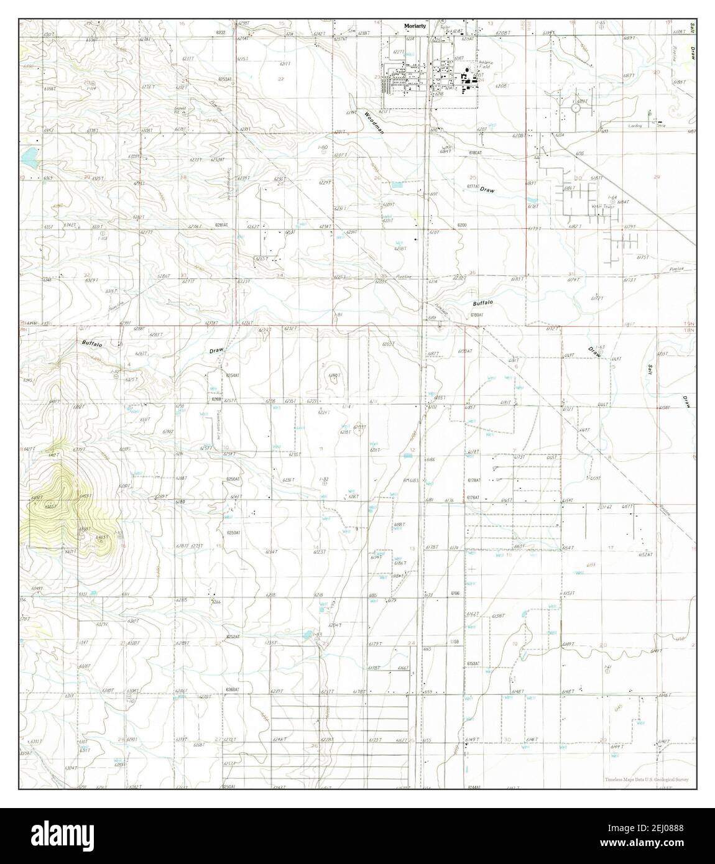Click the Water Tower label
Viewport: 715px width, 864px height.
(602, 206)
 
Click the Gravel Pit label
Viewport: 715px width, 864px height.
(163, 109)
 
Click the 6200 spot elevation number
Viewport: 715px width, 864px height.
(461, 224)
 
